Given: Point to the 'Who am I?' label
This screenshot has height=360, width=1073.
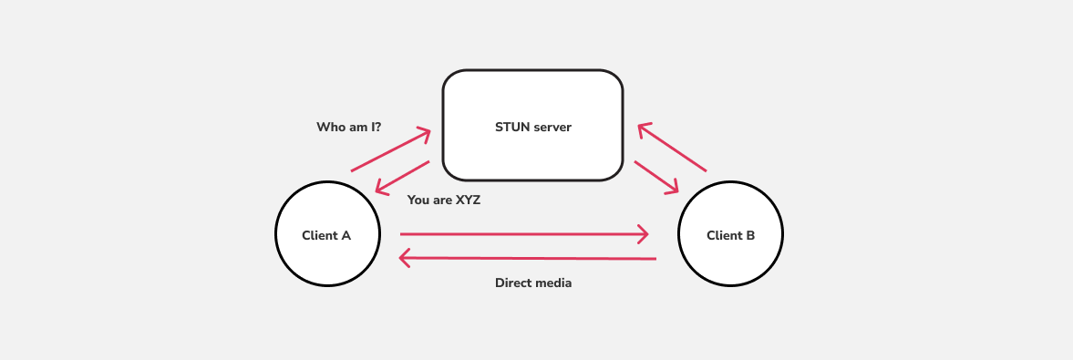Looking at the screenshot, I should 348,127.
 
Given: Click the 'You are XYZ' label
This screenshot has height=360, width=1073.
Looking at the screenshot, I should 443,200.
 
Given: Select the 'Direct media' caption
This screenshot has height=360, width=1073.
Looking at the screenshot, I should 533,283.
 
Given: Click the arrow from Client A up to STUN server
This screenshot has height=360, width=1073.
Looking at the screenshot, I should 390,150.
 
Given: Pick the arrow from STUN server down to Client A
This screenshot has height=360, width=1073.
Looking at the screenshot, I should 402,178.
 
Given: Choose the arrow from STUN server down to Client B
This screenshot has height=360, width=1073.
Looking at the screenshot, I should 656,177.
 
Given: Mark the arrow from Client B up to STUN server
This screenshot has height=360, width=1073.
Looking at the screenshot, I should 672,148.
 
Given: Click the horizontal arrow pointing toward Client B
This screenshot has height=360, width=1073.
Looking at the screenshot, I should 524,234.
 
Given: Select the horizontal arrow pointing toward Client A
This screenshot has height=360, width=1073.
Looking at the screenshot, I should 529,259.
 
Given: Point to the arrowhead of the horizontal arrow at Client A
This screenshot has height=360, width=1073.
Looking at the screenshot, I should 406,259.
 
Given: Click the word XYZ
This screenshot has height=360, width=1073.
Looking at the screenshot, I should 467,200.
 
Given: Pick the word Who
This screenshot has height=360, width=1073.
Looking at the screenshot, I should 329,127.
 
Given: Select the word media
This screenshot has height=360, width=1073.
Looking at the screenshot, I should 553,283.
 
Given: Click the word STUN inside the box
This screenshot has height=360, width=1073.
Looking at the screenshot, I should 512,127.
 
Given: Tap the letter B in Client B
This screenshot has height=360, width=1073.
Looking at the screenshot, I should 750,235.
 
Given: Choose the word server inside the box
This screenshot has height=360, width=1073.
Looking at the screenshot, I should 552,127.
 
